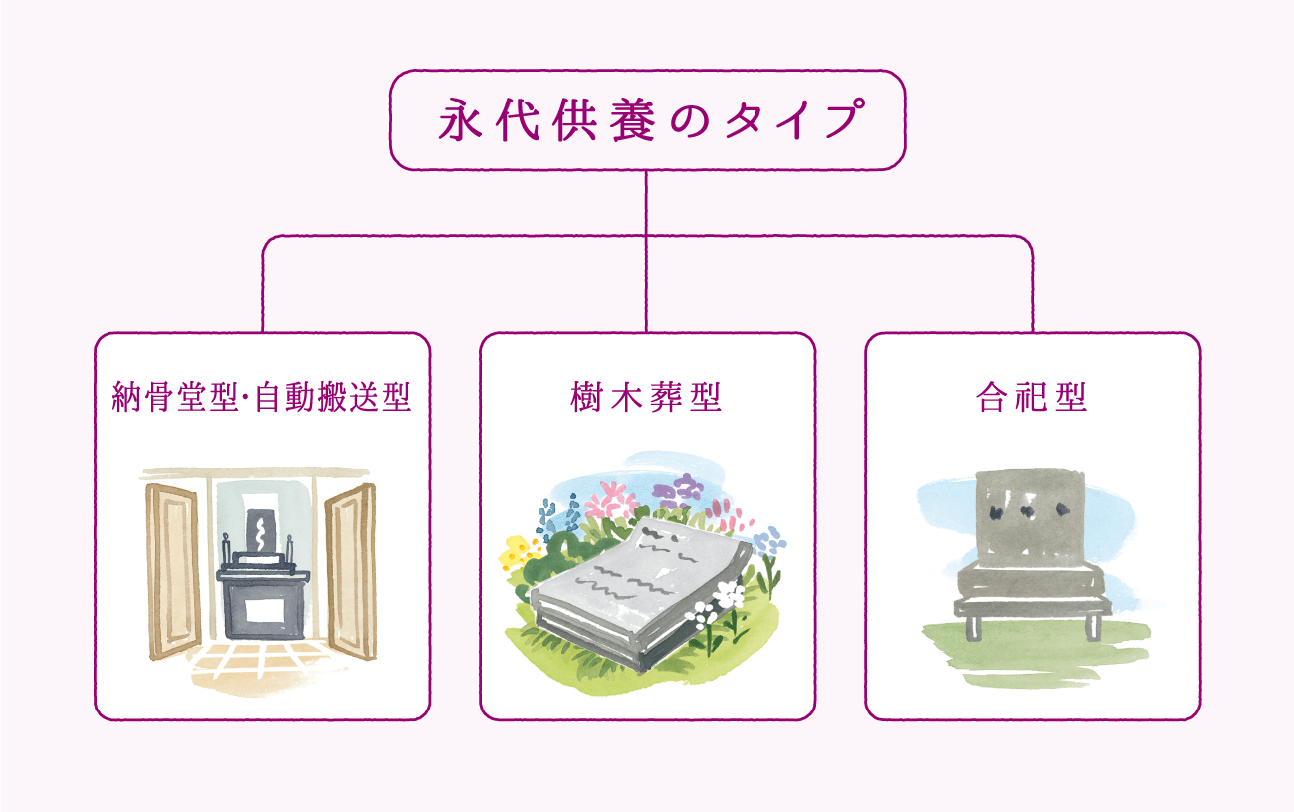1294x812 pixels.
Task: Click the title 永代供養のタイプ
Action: [647, 120]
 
